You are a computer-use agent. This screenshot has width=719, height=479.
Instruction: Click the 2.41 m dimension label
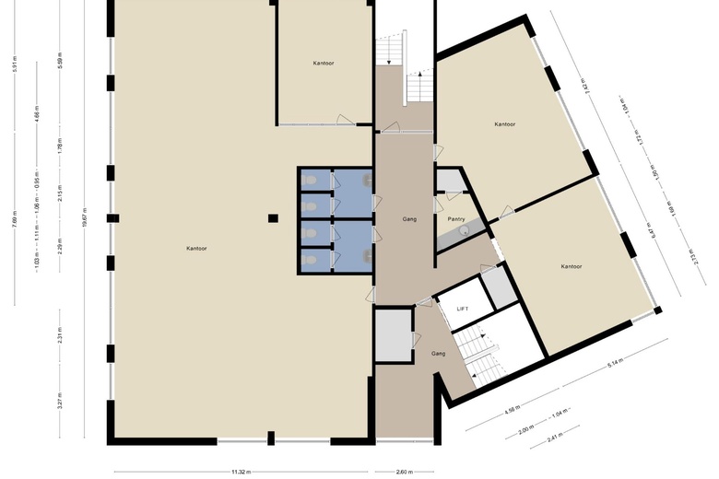[556, 436]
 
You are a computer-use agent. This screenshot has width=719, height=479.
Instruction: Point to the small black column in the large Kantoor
[273, 218]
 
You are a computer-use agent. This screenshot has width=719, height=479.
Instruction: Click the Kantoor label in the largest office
[196, 249]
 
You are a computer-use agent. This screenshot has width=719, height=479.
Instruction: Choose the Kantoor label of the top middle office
[324, 63]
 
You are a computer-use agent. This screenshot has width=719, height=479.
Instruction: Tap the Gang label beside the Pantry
[410, 219]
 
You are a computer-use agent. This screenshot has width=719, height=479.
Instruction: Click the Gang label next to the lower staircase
[439, 353]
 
